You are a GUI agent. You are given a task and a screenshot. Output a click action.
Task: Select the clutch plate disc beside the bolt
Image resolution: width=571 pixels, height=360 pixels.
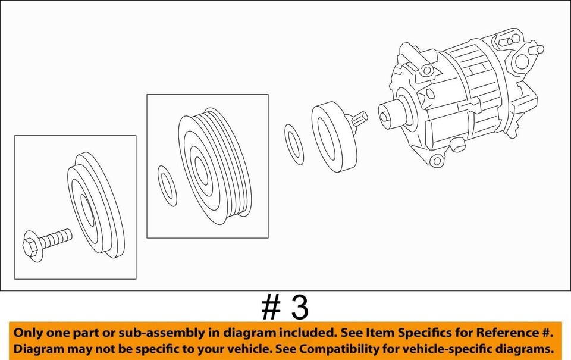pos(96,205)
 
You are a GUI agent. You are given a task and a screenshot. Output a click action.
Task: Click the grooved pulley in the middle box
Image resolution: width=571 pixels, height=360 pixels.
pos(215,166)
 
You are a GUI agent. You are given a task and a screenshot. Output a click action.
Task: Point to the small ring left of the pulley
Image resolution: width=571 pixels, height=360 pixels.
pos(167,186)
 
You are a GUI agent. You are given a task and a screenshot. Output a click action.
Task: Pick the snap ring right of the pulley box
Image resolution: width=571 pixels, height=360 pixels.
pos(294,144)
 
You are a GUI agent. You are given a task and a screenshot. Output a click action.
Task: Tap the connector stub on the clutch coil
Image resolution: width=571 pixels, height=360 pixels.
pos(360,118)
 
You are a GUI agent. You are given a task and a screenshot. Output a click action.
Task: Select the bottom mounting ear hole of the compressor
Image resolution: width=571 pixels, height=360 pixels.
pos(436,160)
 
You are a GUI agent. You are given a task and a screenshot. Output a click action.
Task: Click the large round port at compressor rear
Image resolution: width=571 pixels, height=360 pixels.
pos(522,61)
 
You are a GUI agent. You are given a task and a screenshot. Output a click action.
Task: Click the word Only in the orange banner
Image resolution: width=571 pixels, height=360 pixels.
pos(28,333)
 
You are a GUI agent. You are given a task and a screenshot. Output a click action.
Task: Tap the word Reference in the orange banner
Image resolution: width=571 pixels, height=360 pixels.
pos(506,333)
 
